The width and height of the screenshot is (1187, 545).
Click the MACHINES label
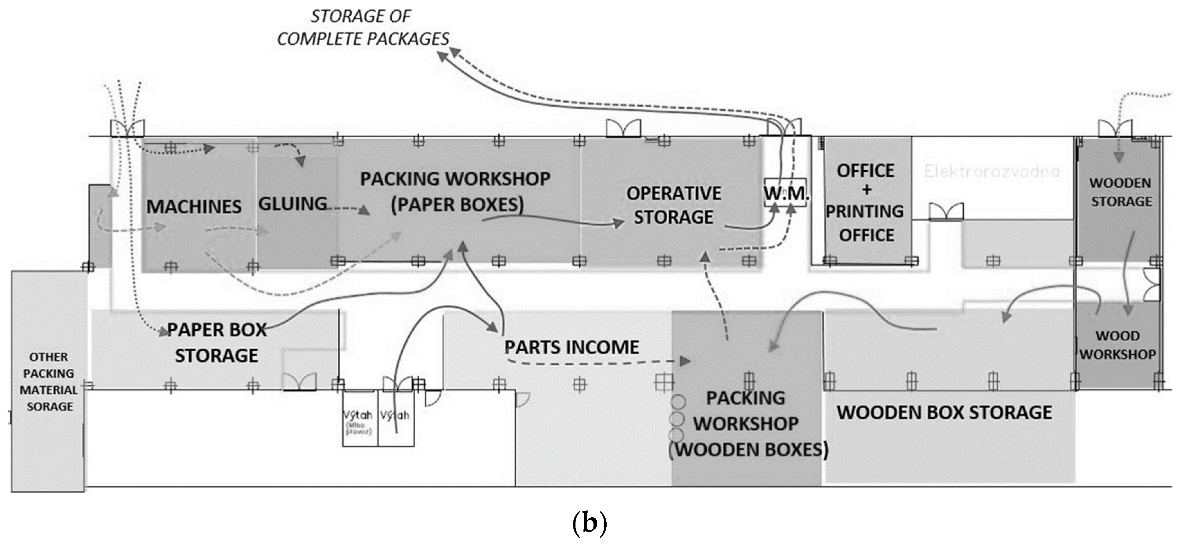coord(194,207)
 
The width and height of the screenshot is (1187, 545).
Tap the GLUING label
coord(293,204)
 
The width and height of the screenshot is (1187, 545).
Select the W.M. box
coord(786,193)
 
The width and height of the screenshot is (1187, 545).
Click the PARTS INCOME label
coord(571,347)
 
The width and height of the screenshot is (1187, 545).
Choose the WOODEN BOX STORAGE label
coord(944,412)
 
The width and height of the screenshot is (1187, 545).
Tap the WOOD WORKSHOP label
coord(1117,345)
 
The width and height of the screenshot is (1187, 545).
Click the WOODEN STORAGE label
coord(1121,192)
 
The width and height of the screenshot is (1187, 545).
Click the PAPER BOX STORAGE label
coord(216,343)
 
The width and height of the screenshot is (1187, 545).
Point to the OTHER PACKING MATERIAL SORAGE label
coord(49,382)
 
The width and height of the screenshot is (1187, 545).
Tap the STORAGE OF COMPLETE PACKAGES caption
coord(362,28)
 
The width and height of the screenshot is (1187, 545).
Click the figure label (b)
coord(589,523)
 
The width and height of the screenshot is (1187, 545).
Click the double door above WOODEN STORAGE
coord(1115,128)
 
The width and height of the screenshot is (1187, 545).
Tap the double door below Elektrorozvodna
coord(946,212)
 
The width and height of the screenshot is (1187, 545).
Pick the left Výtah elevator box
coord(359,418)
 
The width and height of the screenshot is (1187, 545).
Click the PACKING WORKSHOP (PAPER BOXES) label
coord(455,191)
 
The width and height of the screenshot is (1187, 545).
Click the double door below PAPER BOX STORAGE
coord(299,382)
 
